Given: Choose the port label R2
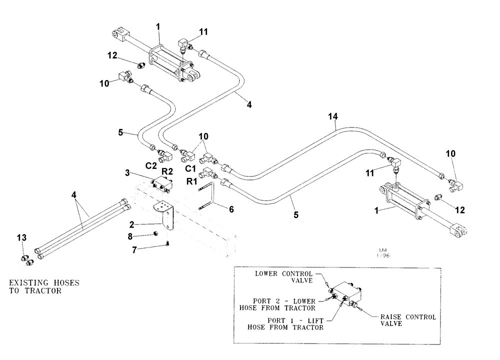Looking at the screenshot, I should point(166,171).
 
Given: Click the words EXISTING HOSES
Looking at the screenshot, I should point(44,283).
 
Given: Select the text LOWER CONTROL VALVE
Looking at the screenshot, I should point(290,277).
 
